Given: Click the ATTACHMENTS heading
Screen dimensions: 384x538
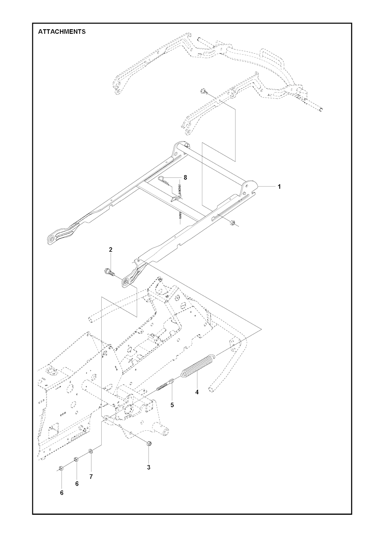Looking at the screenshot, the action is [61, 32].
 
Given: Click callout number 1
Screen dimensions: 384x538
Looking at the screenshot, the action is [279, 186].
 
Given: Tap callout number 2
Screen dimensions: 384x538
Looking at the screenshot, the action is [110, 249].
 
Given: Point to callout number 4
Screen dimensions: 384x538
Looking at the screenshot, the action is [197, 392].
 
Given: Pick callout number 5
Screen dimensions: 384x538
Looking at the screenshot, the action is [172, 405].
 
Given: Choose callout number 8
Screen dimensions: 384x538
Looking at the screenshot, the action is [185, 177].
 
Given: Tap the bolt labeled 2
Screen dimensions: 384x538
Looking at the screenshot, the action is [109, 272].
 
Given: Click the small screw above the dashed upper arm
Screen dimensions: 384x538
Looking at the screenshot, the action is [203, 91].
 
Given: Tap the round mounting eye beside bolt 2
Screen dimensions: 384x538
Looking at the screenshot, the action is [126, 282].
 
